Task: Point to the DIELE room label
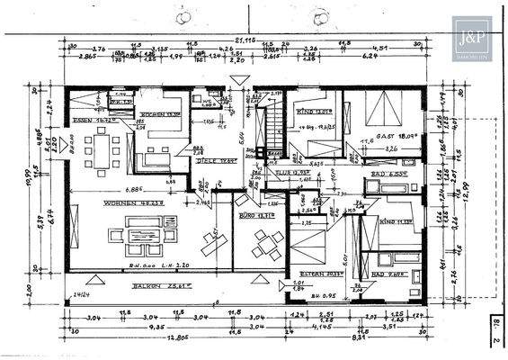pos(209,160)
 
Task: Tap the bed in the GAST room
pos(380,108)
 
